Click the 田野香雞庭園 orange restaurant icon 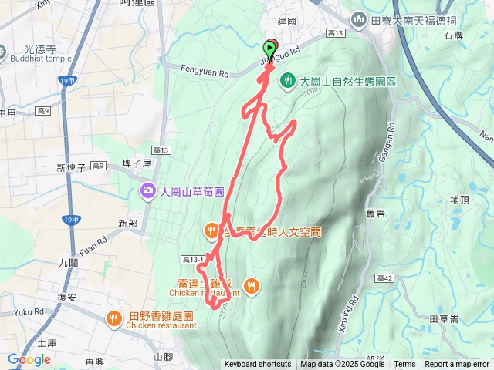click(x=113, y=317)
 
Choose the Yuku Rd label click(x=29, y=312)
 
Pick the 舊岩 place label click(x=377, y=214)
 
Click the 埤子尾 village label click(x=137, y=163)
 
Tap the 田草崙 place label click(x=443, y=318)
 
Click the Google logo click(x=29, y=360)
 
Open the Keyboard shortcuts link click(x=257, y=365)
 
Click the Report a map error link click(x=457, y=365)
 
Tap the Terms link click(x=404, y=365)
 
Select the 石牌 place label click(x=453, y=35)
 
